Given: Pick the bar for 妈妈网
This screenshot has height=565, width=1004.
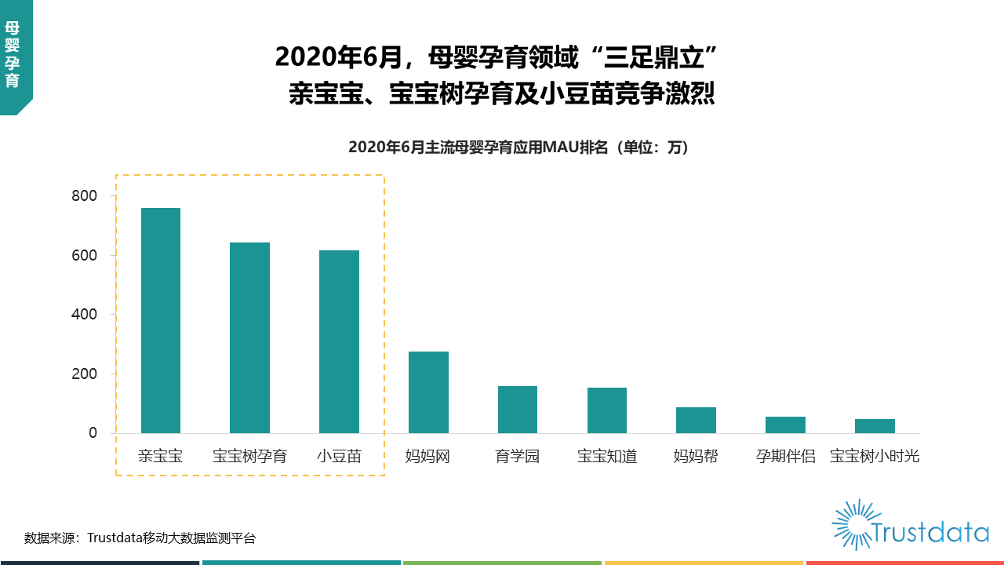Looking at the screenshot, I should [428, 392].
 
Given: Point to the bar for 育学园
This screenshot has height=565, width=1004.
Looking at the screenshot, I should [518, 410].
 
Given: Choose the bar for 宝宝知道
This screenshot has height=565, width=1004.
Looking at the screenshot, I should [607, 410].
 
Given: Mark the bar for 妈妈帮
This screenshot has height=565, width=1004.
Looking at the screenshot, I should [696, 421].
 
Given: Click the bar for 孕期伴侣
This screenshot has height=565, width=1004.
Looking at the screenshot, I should [785, 425].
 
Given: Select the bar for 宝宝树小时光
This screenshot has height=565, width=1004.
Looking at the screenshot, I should [875, 426].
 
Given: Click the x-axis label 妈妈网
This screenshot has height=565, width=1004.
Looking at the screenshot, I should [428, 456].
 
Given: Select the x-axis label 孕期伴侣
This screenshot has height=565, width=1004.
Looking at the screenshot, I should [785, 456].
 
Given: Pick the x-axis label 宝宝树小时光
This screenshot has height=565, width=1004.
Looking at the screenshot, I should [875, 456].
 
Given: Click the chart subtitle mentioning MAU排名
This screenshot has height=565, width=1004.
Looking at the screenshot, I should [518, 147].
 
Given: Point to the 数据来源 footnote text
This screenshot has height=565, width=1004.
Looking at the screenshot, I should [140, 538].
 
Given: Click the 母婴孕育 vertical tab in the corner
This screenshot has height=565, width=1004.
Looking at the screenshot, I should [13, 53].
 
